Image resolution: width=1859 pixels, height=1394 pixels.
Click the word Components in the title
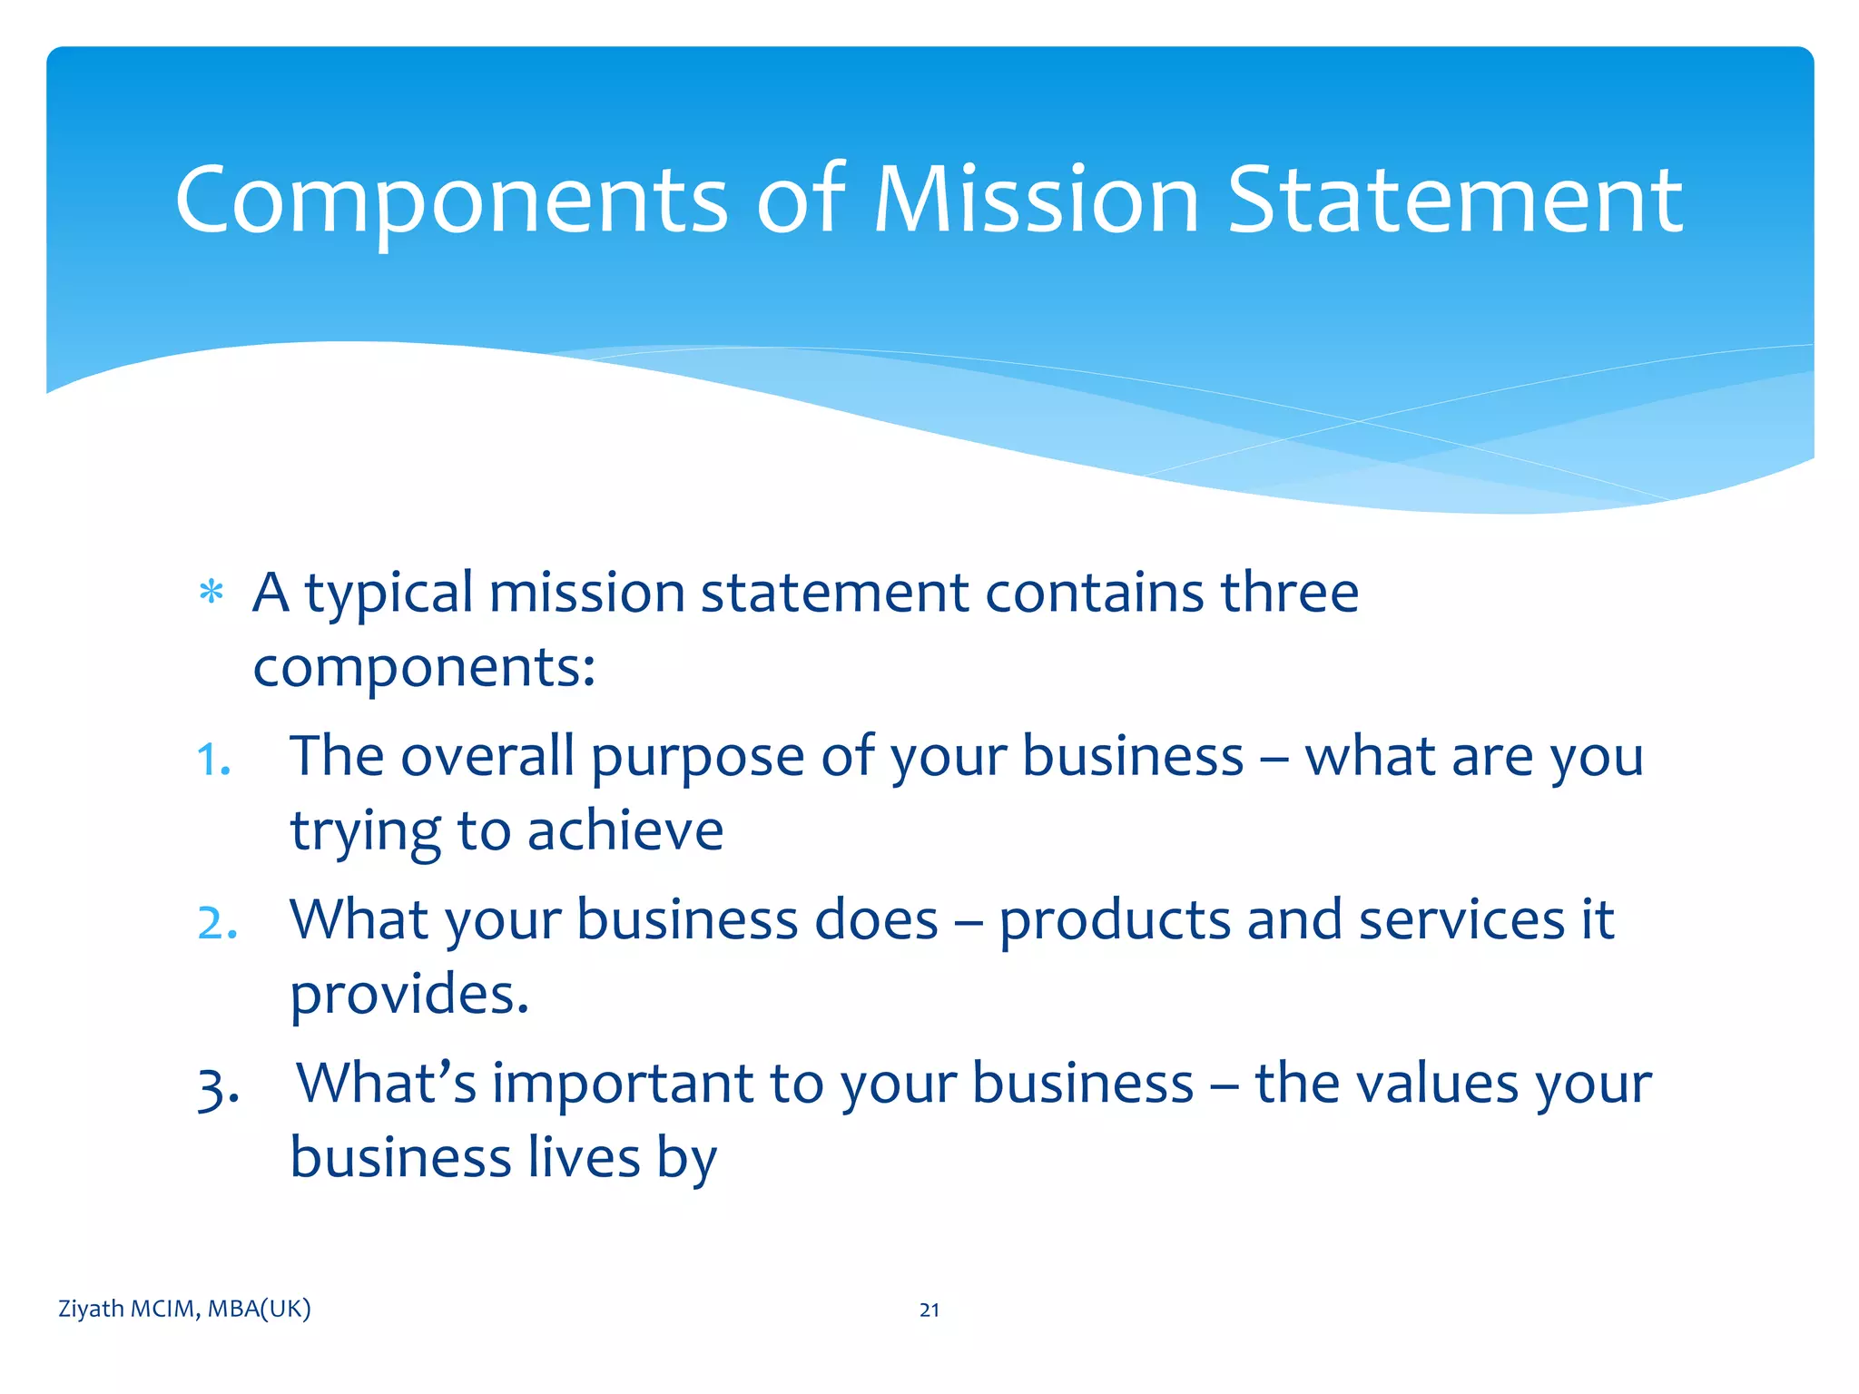451,201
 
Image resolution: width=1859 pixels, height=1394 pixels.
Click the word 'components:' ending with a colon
424,669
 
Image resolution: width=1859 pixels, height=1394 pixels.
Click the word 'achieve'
625,830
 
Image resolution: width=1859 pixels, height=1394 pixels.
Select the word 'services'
1461,919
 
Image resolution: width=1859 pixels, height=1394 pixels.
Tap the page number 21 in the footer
929,1310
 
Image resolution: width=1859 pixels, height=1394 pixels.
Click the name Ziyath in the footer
91,1309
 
